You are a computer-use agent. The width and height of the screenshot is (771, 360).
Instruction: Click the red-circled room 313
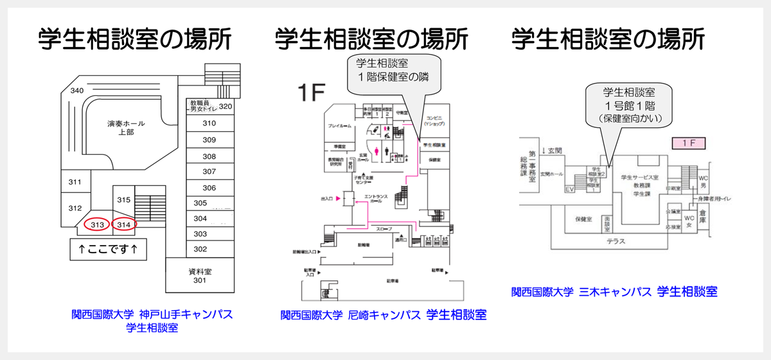click(x=97, y=224)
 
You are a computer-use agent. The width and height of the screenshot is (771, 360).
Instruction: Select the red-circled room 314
click(x=125, y=224)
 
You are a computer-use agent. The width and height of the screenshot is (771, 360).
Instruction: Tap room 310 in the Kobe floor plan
click(x=209, y=123)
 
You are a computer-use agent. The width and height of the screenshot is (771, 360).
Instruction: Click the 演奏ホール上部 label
click(x=126, y=128)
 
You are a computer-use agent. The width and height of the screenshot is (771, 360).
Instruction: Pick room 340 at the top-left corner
click(x=77, y=91)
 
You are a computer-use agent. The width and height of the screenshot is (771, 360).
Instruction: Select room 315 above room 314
click(x=124, y=199)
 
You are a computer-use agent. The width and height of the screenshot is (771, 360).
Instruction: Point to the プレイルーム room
click(x=339, y=126)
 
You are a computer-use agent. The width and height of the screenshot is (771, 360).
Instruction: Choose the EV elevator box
click(x=569, y=189)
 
